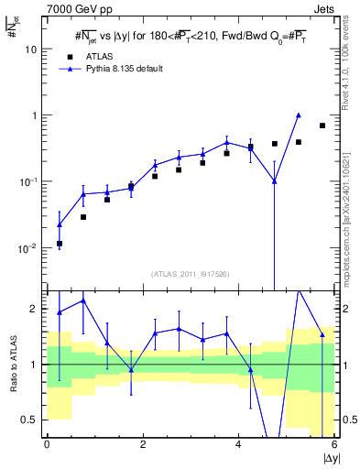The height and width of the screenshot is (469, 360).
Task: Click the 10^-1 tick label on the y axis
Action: (x=30, y=181)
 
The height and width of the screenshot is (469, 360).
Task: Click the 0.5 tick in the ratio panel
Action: (x=34, y=420)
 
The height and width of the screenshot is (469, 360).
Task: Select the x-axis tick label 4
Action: (x=238, y=445)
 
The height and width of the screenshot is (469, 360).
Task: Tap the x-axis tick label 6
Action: (x=334, y=445)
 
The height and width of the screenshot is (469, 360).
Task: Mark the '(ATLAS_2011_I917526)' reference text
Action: (x=191, y=274)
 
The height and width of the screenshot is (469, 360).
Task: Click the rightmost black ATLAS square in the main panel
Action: (x=322, y=125)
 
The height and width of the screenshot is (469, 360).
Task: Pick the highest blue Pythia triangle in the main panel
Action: (x=299, y=115)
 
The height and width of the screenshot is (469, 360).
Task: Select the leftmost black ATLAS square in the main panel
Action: (x=60, y=244)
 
